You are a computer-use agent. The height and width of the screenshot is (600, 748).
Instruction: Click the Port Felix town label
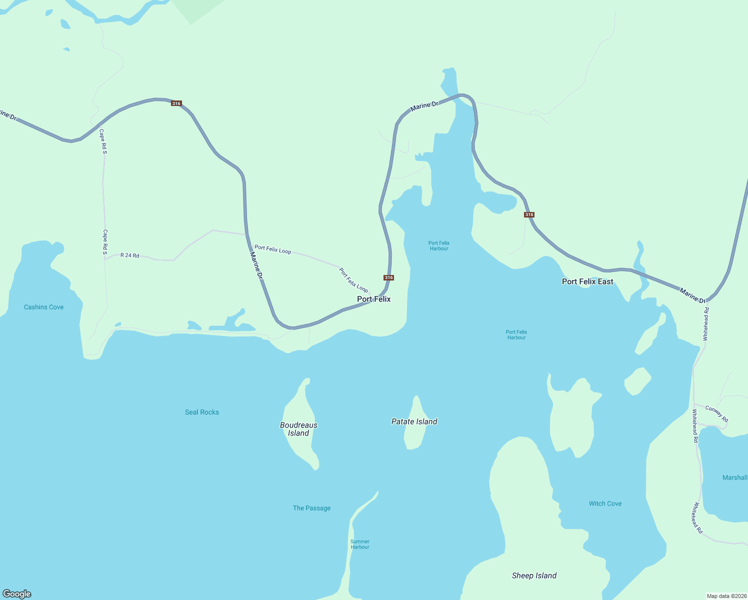click(x=373, y=299)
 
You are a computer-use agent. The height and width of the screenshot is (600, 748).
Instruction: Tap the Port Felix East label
click(x=587, y=281)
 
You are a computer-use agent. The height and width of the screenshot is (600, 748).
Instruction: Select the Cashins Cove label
click(x=43, y=307)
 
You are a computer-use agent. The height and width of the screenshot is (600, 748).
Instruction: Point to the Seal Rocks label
click(x=202, y=412)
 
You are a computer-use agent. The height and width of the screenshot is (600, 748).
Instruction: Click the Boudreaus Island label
click(x=298, y=429)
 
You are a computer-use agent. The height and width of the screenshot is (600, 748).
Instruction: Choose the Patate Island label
click(x=414, y=421)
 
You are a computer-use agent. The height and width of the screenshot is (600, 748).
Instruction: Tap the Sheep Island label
click(x=534, y=575)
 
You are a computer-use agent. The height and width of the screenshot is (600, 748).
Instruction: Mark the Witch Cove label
click(x=605, y=503)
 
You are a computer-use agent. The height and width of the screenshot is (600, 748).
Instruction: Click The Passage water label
click(x=311, y=508)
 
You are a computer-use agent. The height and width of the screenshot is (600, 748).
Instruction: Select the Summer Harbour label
click(x=360, y=544)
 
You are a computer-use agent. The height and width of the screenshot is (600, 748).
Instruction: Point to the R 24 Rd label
click(x=130, y=255)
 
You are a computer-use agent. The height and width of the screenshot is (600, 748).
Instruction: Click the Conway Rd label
click(x=716, y=413)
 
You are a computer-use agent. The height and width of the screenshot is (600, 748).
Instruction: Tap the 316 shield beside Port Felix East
click(x=529, y=214)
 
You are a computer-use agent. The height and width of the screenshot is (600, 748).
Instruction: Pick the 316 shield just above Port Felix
click(x=388, y=277)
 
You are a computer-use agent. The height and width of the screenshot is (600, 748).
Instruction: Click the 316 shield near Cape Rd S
click(x=176, y=103)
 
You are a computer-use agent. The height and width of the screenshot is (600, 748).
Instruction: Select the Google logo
click(x=17, y=594)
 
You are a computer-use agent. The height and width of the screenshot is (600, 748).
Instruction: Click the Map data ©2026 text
click(x=726, y=596)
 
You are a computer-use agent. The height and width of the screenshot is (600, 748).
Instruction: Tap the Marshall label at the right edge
click(x=734, y=477)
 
